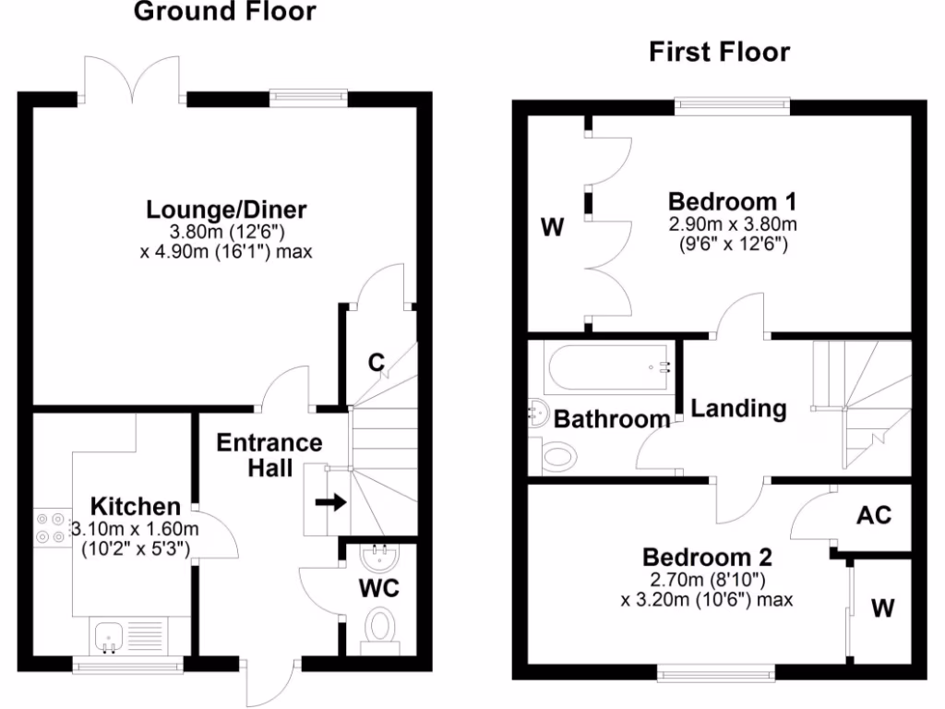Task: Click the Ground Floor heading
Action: (x=225, y=12)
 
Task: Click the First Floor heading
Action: (x=719, y=52)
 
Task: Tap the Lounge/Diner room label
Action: (x=226, y=210)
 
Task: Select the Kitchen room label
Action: (x=136, y=506)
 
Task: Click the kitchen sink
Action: (x=108, y=635)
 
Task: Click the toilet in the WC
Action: (x=380, y=629)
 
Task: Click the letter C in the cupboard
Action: (x=376, y=363)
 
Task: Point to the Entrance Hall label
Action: (x=269, y=455)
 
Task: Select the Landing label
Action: (x=738, y=408)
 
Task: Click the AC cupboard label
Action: (x=873, y=514)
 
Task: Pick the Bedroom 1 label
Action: (x=733, y=201)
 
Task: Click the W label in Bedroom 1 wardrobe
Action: (x=552, y=227)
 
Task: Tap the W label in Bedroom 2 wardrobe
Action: (x=883, y=608)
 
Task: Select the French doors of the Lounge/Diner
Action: (x=134, y=78)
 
